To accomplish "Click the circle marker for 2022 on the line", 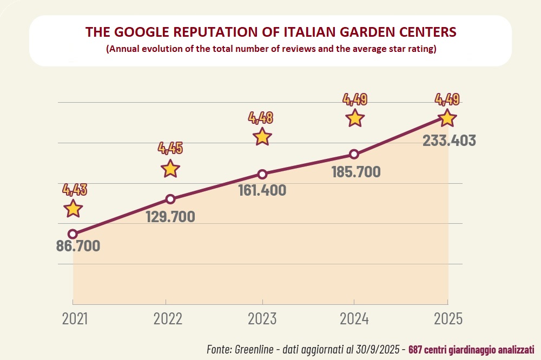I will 170,199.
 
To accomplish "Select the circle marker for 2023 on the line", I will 262,174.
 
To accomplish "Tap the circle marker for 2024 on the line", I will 354,154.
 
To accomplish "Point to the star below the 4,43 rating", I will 73,208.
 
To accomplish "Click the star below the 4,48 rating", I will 262,136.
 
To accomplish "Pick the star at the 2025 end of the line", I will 447,118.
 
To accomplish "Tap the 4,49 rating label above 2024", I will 355,99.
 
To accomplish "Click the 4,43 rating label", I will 75,189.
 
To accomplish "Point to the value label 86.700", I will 78,246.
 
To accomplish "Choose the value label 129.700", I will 170,216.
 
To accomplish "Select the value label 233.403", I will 449,141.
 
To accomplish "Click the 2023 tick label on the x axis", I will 262,319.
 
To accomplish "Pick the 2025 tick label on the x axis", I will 448,319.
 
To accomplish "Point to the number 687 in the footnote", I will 415,349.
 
